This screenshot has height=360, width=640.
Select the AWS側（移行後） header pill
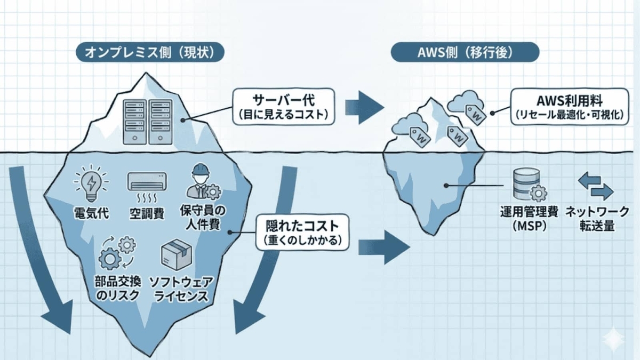click(x=465, y=52)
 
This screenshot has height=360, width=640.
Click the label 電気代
click(x=91, y=214)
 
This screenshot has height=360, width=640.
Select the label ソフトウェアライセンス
click(x=178, y=289)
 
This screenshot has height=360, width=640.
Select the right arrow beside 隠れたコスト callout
click(x=383, y=246)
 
